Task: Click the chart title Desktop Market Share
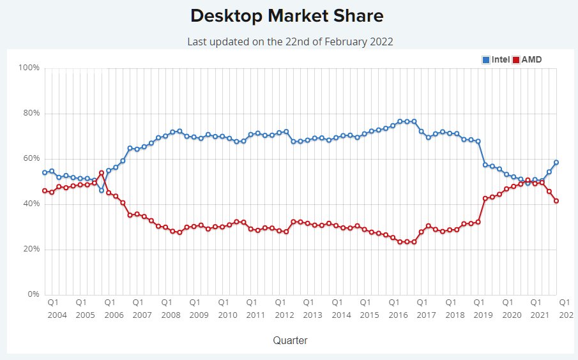(x=287, y=16)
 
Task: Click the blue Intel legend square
(x=486, y=60)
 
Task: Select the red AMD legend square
(x=517, y=60)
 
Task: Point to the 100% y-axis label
(x=29, y=68)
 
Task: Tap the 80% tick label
(x=31, y=113)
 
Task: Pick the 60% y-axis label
(x=31, y=158)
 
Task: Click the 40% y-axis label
(x=31, y=204)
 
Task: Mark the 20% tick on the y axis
(x=31, y=249)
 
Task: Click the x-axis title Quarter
(x=290, y=340)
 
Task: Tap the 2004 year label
(x=57, y=315)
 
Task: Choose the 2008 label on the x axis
(x=170, y=315)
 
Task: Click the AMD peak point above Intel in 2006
(x=102, y=173)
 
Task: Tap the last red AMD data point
(x=556, y=201)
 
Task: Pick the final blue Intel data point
(x=556, y=162)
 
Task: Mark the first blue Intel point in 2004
(x=45, y=172)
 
